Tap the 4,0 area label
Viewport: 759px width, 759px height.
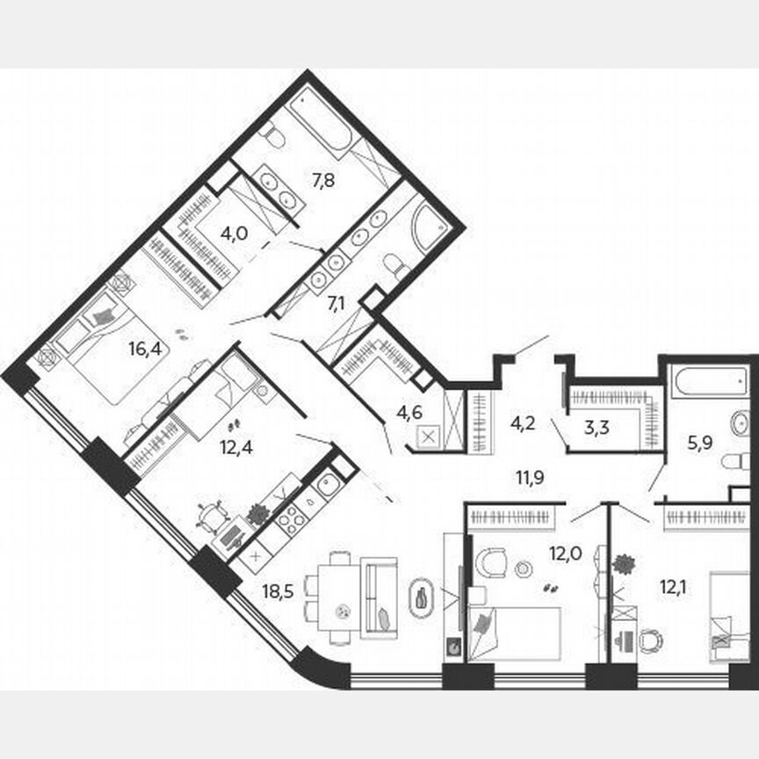click(233, 235)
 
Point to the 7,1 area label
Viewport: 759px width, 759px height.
click(336, 304)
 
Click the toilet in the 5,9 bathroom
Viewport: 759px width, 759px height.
click(733, 462)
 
